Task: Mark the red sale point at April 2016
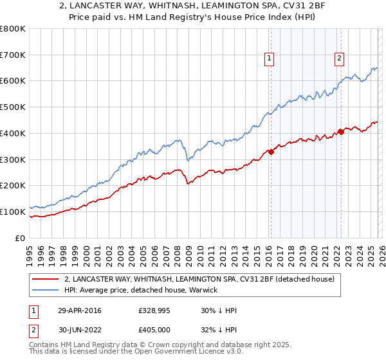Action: pyautogui.click(x=271, y=152)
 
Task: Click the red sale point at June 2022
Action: pyautogui.click(x=341, y=132)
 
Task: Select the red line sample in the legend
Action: pyautogui.click(x=46, y=280)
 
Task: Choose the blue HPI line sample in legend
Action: pyautogui.click(x=46, y=290)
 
